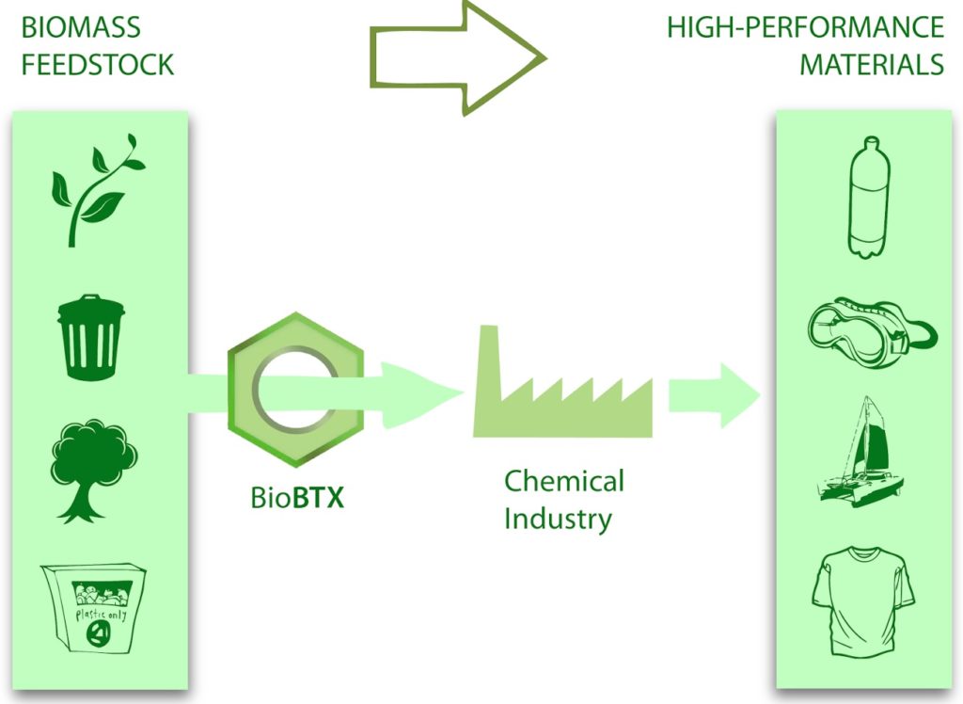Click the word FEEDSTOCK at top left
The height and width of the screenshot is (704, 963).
[x=97, y=64]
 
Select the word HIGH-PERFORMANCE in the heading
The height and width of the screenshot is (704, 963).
[x=805, y=27]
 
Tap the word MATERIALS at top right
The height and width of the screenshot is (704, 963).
[x=871, y=64]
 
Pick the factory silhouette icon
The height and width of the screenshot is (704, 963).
[x=561, y=390]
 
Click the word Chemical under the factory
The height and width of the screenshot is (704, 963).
[x=563, y=481]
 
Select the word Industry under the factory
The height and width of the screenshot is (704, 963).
[x=558, y=518]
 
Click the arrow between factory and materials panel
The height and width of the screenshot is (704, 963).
[x=713, y=393]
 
